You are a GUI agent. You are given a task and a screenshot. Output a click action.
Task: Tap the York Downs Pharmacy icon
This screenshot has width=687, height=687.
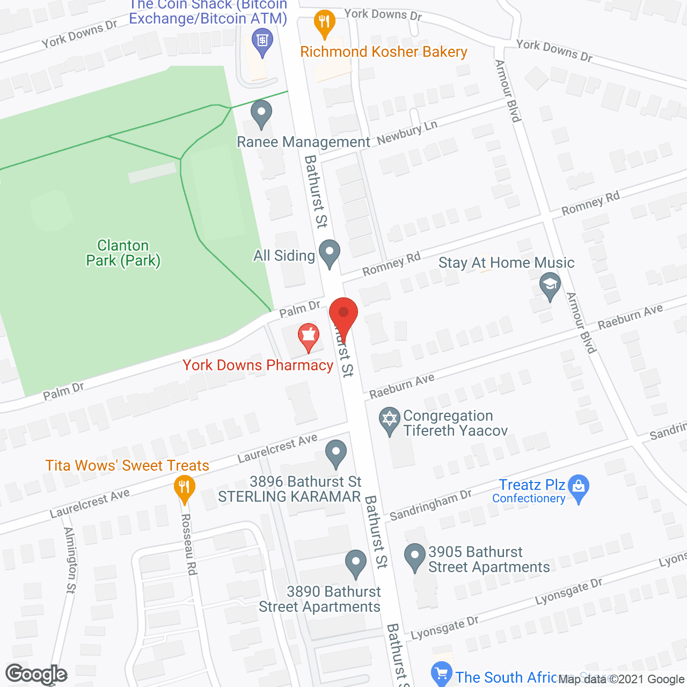(309, 337)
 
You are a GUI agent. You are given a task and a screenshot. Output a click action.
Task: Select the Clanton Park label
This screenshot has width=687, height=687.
(123, 253)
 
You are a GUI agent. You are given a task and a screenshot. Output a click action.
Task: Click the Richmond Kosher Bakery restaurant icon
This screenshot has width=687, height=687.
(324, 23)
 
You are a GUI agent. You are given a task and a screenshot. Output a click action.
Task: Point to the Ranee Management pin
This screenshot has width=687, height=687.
(261, 114)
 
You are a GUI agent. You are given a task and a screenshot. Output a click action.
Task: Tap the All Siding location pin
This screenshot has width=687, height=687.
(330, 253)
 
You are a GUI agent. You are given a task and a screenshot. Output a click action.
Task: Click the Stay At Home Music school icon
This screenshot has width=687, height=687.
(550, 285)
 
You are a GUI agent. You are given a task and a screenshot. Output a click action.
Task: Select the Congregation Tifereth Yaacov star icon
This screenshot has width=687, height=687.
(390, 421)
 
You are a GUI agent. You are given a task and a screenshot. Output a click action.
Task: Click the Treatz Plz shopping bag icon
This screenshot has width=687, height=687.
(579, 487)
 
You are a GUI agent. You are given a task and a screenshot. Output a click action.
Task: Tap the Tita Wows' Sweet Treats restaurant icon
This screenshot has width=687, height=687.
(185, 488)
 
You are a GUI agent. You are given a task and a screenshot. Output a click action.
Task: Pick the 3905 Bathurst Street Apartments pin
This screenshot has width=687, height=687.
(415, 557)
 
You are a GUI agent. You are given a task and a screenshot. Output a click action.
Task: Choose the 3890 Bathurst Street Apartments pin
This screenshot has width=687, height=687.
(356, 563)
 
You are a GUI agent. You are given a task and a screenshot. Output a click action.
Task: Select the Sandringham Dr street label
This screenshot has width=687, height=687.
(430, 506)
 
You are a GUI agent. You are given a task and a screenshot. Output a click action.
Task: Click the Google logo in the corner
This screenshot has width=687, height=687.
(36, 674)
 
